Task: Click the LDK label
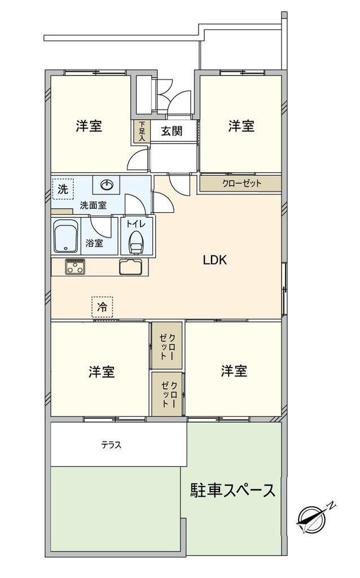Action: (214, 260)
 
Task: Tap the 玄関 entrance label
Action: (172, 132)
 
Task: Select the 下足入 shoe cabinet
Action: (141, 131)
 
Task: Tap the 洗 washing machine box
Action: (62, 190)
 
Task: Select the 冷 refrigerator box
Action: (102, 307)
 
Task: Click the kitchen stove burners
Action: (74, 266)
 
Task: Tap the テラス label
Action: (111, 445)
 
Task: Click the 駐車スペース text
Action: (232, 490)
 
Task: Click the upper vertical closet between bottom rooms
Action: (167, 345)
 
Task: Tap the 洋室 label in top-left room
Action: (89, 126)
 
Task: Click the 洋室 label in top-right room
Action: (241, 126)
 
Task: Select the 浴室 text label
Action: (94, 243)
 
